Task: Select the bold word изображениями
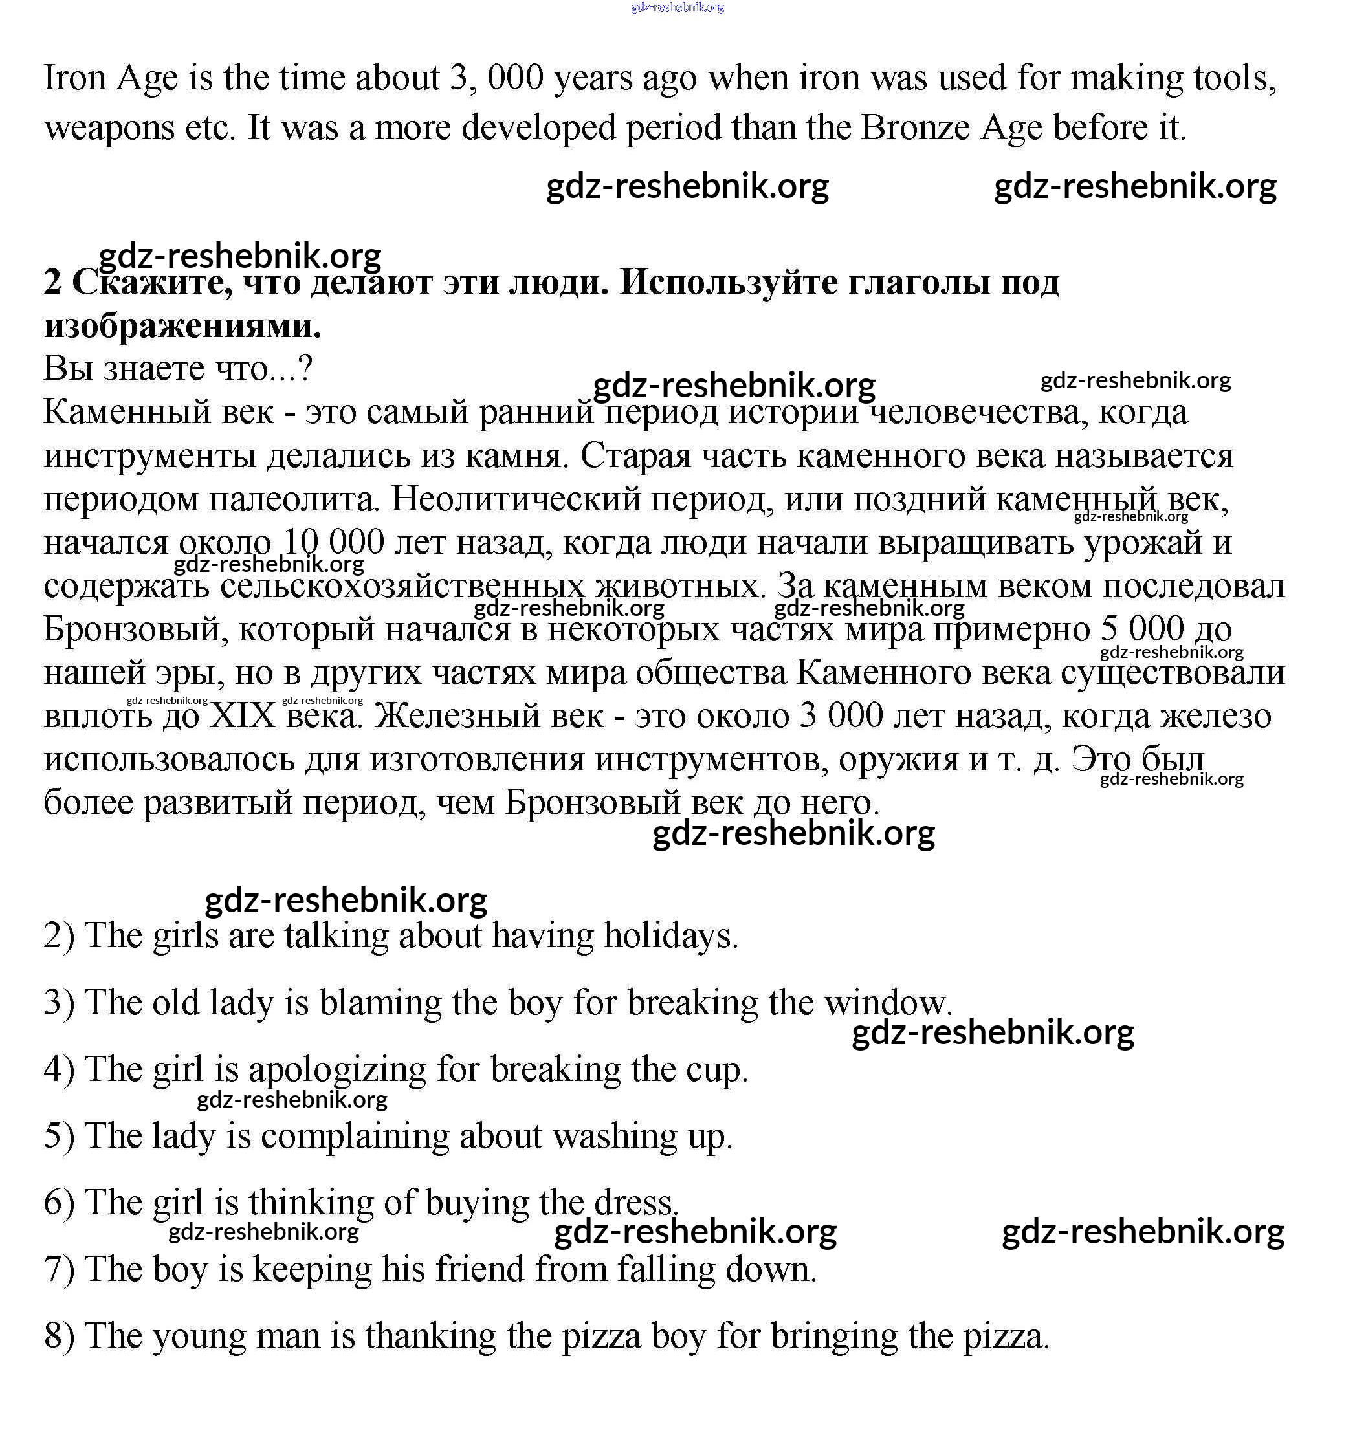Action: tap(182, 326)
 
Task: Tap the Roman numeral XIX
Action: tap(243, 715)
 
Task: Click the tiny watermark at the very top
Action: tap(677, 7)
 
